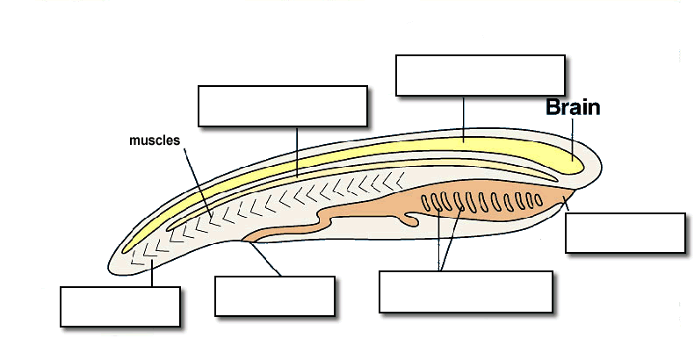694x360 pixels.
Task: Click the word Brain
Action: point(573,108)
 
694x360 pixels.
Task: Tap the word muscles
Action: point(155,140)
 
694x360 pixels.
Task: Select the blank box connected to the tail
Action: point(120,306)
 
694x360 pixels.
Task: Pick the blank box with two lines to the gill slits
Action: point(466,292)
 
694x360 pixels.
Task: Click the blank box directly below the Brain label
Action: point(625,233)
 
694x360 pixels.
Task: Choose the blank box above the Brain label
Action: point(480,75)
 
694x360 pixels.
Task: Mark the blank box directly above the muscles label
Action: point(282,106)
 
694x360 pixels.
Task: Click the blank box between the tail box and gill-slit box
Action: point(275,296)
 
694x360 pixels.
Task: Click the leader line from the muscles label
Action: point(197,180)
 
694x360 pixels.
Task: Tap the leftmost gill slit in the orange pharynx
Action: point(426,204)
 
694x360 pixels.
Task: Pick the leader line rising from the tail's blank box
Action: point(153,274)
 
